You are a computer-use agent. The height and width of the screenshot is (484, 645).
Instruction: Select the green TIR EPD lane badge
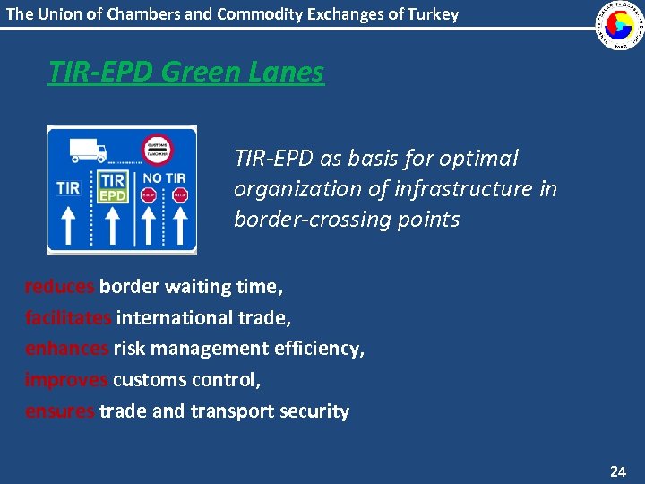[x=112, y=187]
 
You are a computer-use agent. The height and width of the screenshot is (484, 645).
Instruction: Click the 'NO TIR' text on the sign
[x=164, y=178]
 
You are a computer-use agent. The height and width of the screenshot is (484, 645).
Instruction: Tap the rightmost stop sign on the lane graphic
[x=180, y=195]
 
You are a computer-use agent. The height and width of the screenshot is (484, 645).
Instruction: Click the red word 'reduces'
[x=60, y=287]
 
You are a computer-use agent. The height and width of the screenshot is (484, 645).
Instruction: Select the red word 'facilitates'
[x=69, y=317]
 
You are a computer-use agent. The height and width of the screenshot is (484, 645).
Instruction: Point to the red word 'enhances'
[x=67, y=349]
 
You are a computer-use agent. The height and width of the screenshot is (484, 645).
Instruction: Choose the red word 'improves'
[x=66, y=380]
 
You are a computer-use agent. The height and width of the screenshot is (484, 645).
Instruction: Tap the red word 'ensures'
[x=60, y=411]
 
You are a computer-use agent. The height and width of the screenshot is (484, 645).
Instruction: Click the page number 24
[x=618, y=471]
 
